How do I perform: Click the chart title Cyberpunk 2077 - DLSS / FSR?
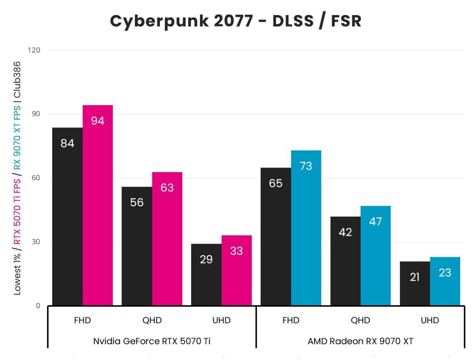click(x=236, y=21)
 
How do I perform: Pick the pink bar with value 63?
click(x=167, y=239)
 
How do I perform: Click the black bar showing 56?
click(x=137, y=246)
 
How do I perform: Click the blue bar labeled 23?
click(x=445, y=281)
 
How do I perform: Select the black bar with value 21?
click(x=415, y=283)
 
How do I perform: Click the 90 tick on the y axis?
click(x=36, y=114)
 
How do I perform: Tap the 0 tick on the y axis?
click(x=38, y=306)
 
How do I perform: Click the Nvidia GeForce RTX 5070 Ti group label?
click(x=152, y=341)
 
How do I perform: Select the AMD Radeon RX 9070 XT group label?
click(x=360, y=341)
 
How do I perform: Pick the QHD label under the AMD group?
click(x=360, y=320)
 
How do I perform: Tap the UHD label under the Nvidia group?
click(x=221, y=320)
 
